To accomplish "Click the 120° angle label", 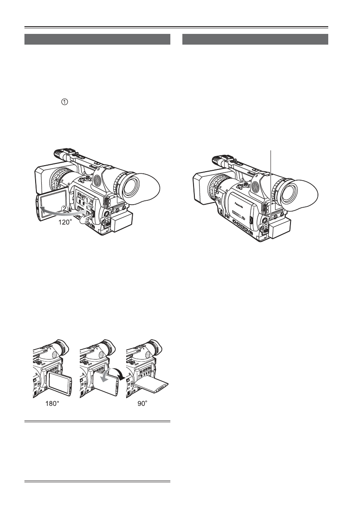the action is pyautogui.click(x=65, y=222).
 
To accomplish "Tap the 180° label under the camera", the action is pyautogui.click(x=52, y=403).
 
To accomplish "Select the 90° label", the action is pyautogui.click(x=142, y=403).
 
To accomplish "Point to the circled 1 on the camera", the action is pyautogui.click(x=87, y=200).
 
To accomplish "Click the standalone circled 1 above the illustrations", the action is pyautogui.click(x=64, y=102).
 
